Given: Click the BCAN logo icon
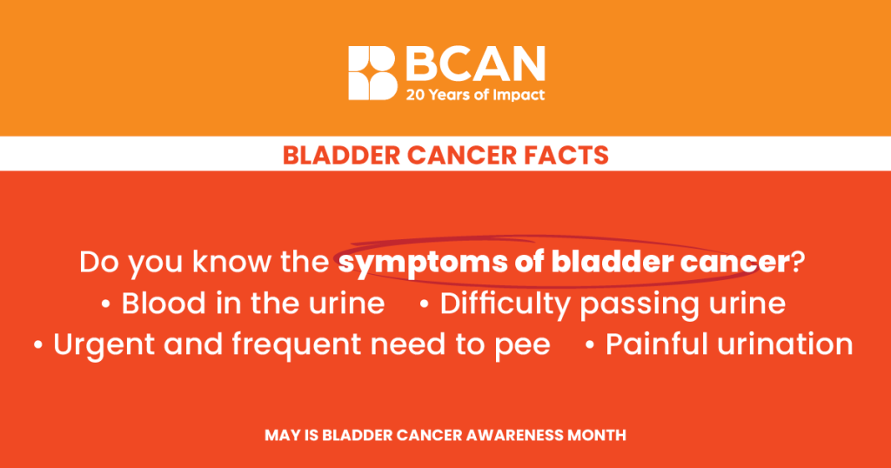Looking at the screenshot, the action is (x=372, y=73).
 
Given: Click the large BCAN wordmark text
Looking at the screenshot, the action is (x=475, y=64).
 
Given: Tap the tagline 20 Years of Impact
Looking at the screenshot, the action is (x=475, y=95).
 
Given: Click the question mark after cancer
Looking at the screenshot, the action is (x=799, y=262).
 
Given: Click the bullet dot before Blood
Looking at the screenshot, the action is (x=105, y=305).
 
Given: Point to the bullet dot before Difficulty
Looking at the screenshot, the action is (x=425, y=305).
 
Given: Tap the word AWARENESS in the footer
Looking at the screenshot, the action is (x=515, y=436).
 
